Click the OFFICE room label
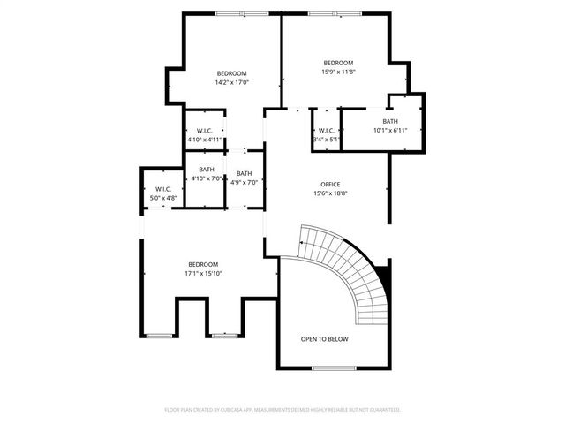tap(329, 184)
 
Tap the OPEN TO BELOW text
tap(324, 338)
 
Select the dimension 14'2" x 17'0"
tap(231, 82)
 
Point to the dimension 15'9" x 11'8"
tap(338, 72)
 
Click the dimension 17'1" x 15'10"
tap(203, 273)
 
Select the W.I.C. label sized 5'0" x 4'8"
tap(162, 189)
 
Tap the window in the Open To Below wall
tap(334, 367)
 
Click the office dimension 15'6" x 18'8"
tap(329, 193)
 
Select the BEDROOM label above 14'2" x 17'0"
tap(231, 73)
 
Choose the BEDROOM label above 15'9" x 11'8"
tap(338, 63)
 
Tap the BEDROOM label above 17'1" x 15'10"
tap(203, 264)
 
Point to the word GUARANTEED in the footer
tap(381, 410)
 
